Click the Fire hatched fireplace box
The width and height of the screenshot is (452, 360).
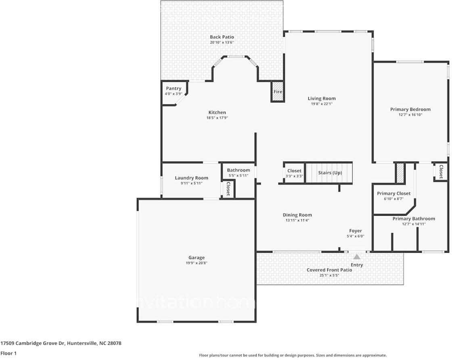[x=278, y=92]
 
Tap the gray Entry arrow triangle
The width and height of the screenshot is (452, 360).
[x=357, y=257]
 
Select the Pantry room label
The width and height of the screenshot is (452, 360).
[x=174, y=88]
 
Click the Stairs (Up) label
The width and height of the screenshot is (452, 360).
[x=330, y=173]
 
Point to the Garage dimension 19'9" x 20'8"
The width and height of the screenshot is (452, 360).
[x=197, y=263]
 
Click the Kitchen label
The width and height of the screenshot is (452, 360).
[x=217, y=112]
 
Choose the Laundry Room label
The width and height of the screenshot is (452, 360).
[x=191, y=178]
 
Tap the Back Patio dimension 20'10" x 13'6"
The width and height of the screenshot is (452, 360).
[x=222, y=42]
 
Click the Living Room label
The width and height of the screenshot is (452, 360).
[x=322, y=98]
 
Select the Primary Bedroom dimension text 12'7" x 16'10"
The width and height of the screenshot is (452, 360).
[x=410, y=114]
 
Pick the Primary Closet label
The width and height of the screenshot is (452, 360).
[x=394, y=194]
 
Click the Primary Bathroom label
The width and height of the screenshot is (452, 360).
[x=414, y=218]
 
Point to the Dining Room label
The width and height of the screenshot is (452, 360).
[x=297, y=215]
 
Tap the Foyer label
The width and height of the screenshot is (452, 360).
[x=356, y=231]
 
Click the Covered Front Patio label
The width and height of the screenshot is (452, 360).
[x=329, y=270]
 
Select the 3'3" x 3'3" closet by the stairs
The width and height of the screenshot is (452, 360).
[x=294, y=173]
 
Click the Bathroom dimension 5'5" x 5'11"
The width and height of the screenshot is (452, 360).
[x=239, y=175]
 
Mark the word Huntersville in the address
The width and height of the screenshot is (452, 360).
[x=82, y=343]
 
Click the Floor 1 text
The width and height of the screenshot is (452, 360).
[x=8, y=354]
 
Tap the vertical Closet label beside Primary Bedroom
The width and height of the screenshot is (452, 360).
[x=441, y=172]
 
